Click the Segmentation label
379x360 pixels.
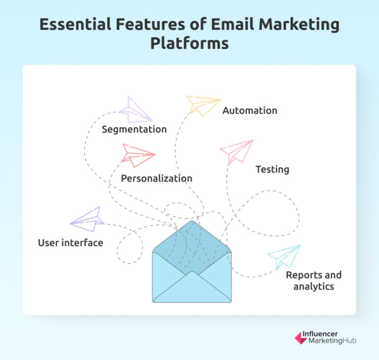tap(134, 130)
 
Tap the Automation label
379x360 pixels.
tap(250, 110)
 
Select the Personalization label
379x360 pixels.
tap(156, 179)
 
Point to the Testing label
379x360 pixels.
tap(272, 170)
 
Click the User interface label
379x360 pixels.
tap(71, 243)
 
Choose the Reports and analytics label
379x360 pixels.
tap(313, 281)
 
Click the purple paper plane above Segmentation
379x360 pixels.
tap(134, 110)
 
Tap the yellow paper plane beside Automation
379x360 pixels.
tap(202, 105)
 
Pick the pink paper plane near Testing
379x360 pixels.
tap(238, 151)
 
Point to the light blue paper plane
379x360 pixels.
tap(285, 256)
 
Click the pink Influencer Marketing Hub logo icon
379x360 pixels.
tap(301, 338)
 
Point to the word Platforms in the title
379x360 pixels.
tap(189, 43)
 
